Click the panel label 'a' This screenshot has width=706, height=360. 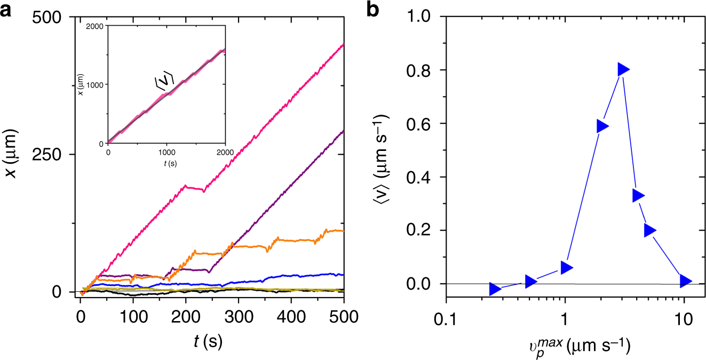(x=7, y=9)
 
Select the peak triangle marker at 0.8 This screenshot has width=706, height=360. (x=623, y=69)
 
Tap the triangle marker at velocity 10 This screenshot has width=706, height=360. (x=685, y=281)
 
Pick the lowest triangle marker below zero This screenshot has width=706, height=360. (x=495, y=289)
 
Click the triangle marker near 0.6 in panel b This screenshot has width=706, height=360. (x=602, y=126)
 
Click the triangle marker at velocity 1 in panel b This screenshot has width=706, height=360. (x=566, y=267)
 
